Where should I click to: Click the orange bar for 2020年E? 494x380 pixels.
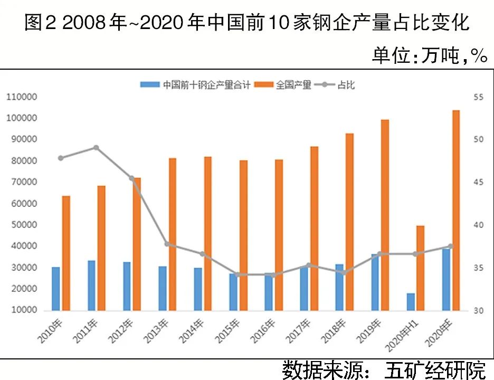pos(455,210)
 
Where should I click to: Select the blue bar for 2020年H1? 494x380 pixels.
pos(411,301)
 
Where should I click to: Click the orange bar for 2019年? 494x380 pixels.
pos(385,215)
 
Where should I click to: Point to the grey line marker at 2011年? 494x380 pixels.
pos(96,148)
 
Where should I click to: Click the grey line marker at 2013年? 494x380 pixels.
pos(167,244)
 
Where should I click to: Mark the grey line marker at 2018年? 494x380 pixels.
pos(344,273)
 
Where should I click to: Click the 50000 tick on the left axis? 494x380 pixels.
pos(23,225)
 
